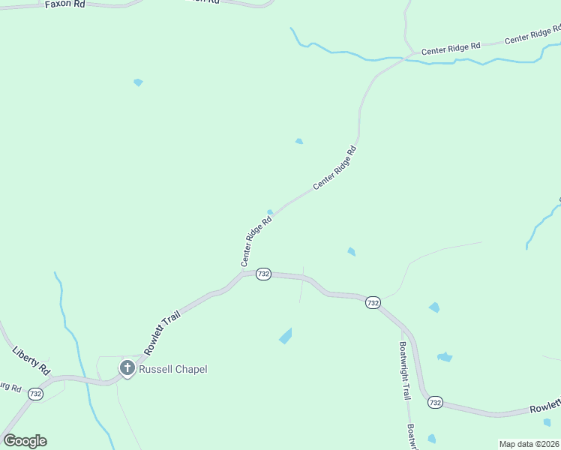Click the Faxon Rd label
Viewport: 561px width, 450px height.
pos(65,4)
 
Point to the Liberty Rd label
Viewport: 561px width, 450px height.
pos(31,360)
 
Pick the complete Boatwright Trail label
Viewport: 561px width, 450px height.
pos(405,370)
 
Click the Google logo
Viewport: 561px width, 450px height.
pos(25,441)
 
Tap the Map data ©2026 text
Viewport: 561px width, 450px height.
pos(529,444)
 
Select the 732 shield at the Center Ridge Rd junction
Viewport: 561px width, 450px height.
pos(262,274)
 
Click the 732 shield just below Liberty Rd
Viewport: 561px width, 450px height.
pos(35,393)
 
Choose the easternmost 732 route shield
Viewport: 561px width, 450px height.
pos(435,403)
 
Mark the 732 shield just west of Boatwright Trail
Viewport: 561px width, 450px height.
pos(373,302)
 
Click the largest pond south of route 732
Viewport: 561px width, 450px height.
pos(286,336)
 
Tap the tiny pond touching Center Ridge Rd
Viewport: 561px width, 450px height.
pos(270,212)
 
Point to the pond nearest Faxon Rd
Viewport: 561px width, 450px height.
pos(138,82)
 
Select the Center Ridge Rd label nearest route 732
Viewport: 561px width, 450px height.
pos(256,241)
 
